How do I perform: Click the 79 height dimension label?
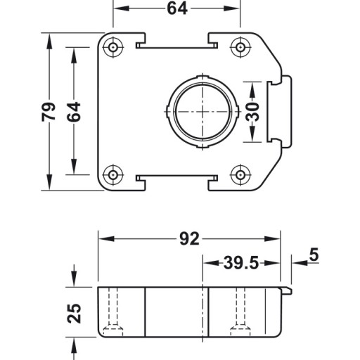[49, 112]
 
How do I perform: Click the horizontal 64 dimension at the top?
[177, 8]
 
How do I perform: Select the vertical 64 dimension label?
[74, 112]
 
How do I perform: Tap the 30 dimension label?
[252, 112]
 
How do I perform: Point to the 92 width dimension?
[189, 239]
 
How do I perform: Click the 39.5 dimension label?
[241, 263]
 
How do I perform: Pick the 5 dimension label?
[314, 255]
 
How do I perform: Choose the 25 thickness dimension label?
[74, 314]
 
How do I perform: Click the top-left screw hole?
[113, 48]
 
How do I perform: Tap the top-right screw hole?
[240, 48]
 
